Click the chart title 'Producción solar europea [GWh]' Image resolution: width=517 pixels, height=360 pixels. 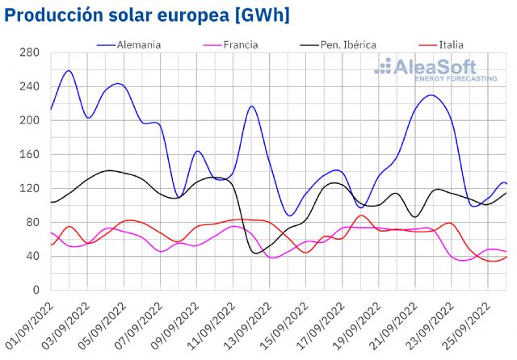148,15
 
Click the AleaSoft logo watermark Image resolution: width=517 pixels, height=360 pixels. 426,70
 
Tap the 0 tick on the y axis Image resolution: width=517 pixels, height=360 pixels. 36,290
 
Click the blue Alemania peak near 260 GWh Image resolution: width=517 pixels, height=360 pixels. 69,71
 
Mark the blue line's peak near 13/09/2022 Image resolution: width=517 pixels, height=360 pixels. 252,106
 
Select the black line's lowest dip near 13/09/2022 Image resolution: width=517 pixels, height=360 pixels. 257,253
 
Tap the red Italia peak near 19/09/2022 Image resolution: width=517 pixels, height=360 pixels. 361,216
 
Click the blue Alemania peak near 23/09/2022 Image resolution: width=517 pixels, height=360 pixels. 431,95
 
